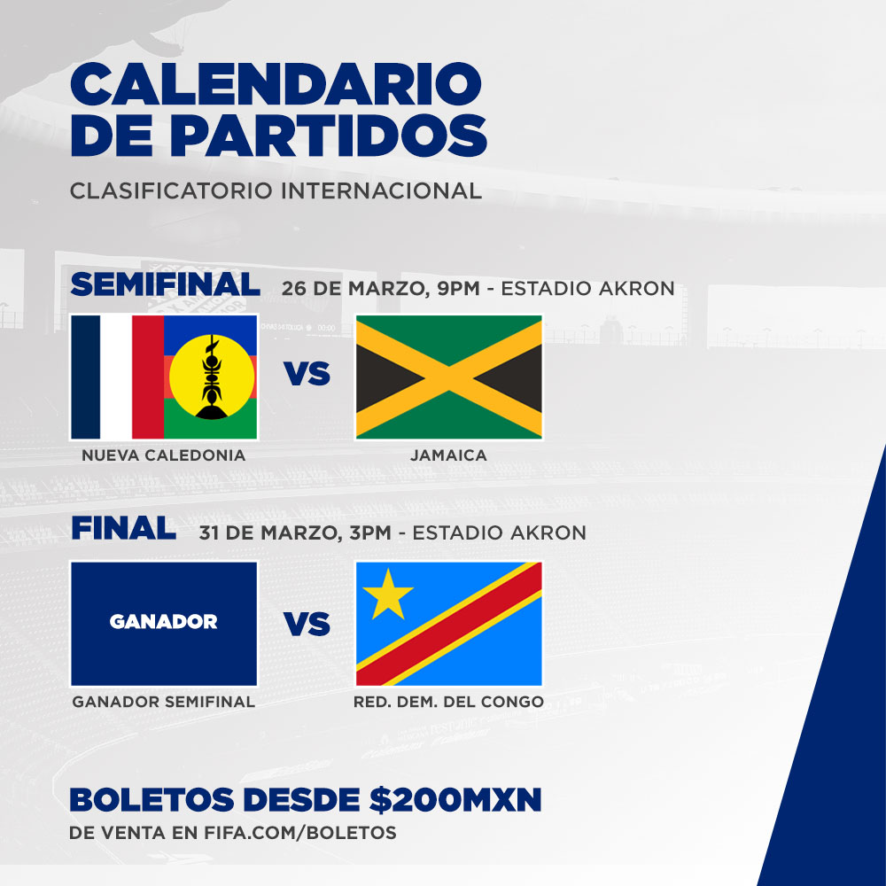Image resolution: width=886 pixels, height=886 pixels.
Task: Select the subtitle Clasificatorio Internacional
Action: (276, 190)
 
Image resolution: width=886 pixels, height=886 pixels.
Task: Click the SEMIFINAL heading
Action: (165, 285)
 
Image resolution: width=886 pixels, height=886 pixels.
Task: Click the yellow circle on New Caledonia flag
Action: (212, 377)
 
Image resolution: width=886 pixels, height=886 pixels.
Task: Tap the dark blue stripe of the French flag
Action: (86, 377)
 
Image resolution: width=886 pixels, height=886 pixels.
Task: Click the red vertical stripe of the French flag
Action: (148, 377)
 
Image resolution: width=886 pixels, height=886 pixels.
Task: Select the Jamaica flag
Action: (448, 377)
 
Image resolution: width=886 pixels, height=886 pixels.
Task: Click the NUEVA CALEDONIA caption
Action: (163, 455)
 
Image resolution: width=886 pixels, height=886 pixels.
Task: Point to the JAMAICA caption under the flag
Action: (448, 455)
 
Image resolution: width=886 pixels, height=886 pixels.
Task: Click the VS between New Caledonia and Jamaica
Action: (307, 374)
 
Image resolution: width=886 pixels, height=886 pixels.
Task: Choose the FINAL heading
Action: (123, 530)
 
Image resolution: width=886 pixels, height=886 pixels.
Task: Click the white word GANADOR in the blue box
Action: (163, 622)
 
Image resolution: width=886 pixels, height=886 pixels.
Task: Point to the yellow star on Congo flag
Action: (387, 595)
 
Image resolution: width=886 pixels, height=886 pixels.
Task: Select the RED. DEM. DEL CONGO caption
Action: (448, 702)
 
